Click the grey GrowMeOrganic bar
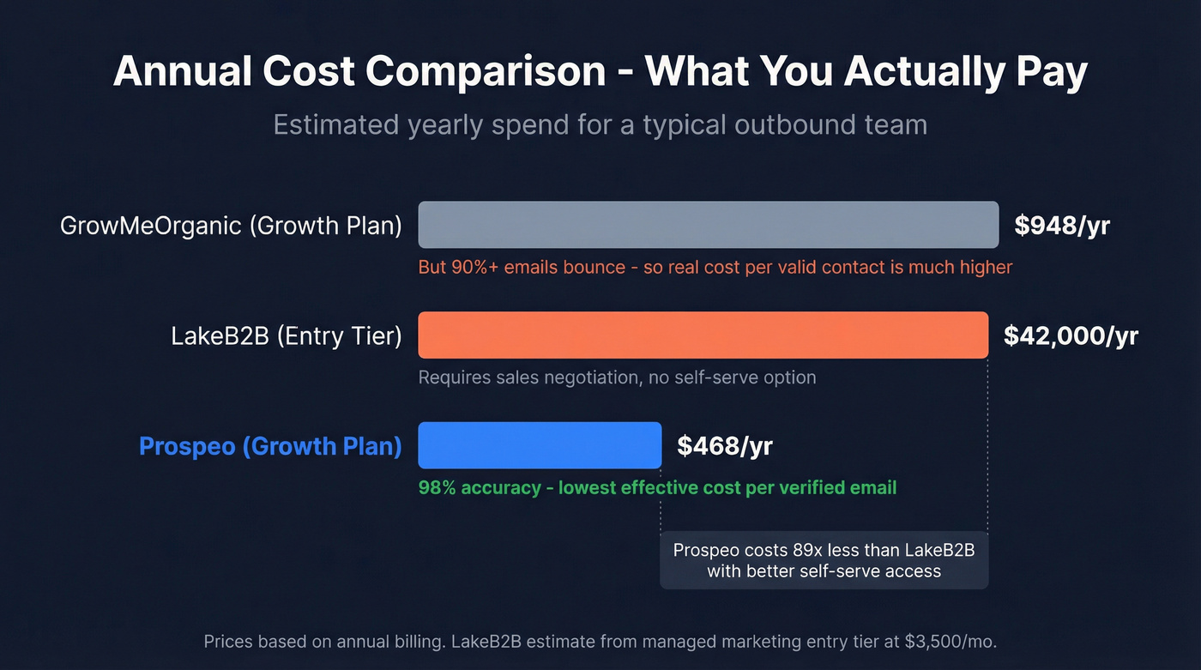(708, 225)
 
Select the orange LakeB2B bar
(703, 335)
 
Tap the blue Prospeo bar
(540, 445)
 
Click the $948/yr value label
(1062, 226)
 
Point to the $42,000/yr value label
(1071, 335)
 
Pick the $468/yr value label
(725, 446)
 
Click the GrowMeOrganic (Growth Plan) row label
(231, 226)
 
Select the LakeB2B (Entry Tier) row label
(287, 335)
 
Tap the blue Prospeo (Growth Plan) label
(270, 446)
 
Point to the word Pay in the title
(1052, 72)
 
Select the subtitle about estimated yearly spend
(600, 125)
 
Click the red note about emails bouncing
(715, 267)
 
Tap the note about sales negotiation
(617, 377)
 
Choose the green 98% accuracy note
(657, 487)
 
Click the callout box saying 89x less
(824, 560)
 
